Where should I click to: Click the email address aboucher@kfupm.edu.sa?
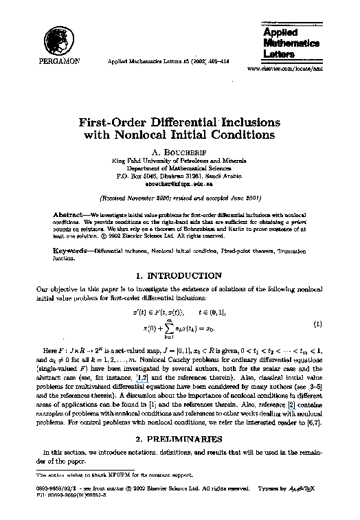[179, 184]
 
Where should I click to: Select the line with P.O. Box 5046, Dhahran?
[179, 175]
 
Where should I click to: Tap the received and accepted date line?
[179, 198]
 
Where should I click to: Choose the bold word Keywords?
[70, 250]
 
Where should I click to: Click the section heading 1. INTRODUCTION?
[179, 275]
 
